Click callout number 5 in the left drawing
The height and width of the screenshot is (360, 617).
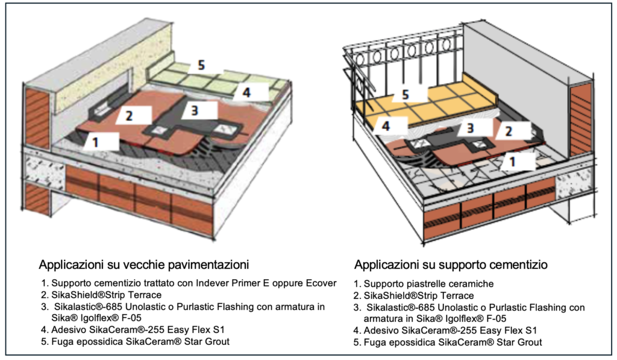tap(201, 65)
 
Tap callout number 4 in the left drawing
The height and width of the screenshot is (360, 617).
tap(246, 92)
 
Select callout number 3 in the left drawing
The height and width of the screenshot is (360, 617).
tap(195, 111)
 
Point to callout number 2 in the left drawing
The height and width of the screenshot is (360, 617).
tap(129, 116)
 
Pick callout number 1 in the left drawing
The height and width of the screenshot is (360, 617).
tap(95, 142)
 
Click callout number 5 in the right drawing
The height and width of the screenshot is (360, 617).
tap(406, 95)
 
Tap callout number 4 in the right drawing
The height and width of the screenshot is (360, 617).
tap(386, 126)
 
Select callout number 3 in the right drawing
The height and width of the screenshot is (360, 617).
tap(470, 128)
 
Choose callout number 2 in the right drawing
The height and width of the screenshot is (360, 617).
tap(509, 131)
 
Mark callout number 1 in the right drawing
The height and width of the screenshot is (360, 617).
tap(512, 161)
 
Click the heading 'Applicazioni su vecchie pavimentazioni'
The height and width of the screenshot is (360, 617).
tap(143, 265)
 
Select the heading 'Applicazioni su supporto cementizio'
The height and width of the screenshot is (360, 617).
tap(451, 265)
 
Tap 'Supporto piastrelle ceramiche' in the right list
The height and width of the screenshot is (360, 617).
tap(428, 283)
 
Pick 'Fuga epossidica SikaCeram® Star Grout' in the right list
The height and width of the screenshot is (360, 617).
tap(453, 342)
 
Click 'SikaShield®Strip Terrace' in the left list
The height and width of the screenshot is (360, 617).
tap(106, 295)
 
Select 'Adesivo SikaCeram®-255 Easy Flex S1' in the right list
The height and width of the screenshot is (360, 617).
tap(450, 330)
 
